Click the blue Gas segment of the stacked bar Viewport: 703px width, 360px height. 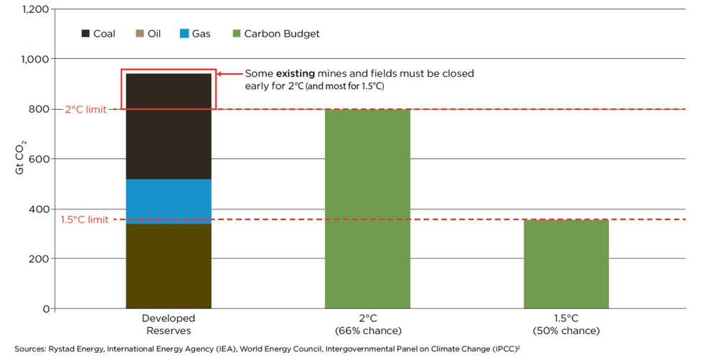point(169,202)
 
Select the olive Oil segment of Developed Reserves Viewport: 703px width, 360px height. point(169,266)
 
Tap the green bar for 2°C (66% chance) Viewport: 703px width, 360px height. point(368,209)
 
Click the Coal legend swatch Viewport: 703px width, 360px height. point(86,34)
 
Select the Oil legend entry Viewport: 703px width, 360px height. point(148,34)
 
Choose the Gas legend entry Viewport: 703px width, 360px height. point(195,34)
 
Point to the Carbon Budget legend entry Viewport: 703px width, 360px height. point(275,34)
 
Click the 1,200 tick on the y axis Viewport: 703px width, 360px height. point(36,9)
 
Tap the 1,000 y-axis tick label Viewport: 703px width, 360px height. point(36,59)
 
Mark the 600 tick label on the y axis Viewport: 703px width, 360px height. point(39,158)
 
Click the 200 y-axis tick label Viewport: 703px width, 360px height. point(39,258)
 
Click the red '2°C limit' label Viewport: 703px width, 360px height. point(85,109)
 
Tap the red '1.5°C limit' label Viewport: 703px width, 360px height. point(84,219)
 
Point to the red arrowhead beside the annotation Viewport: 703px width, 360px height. point(221,73)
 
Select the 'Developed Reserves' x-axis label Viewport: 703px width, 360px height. point(169,324)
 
